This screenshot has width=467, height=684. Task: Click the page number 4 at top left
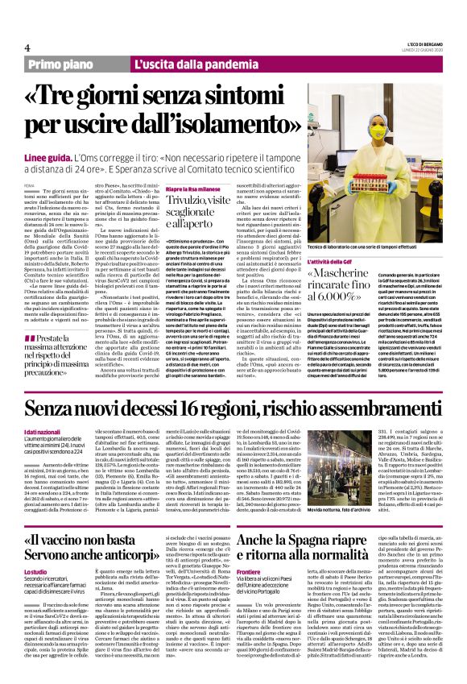pyautogui.click(x=27, y=48)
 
